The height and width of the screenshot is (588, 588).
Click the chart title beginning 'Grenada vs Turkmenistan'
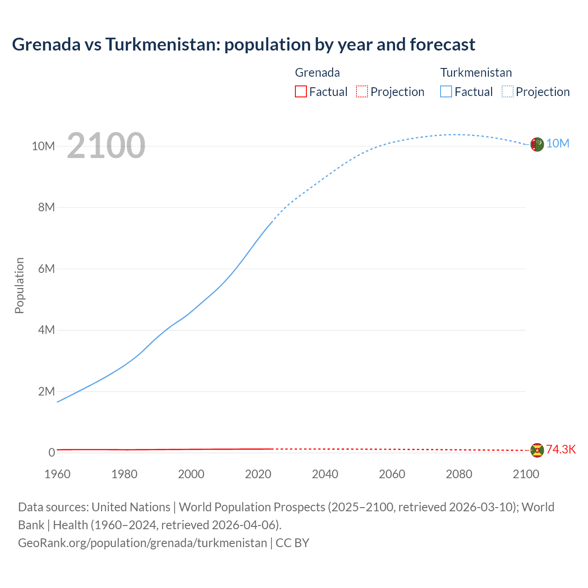pyautogui.click(x=243, y=45)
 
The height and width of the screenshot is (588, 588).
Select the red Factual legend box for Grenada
pyautogui.click(x=300, y=91)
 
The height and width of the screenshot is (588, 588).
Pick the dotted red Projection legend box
pyautogui.click(x=362, y=91)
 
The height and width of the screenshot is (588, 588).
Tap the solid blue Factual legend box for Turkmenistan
pyautogui.click(x=446, y=91)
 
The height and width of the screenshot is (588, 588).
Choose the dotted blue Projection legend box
pyautogui.click(x=508, y=91)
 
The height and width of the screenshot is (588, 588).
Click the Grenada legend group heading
pyautogui.click(x=317, y=73)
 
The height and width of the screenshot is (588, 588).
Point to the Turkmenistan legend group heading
pyautogui.click(x=476, y=73)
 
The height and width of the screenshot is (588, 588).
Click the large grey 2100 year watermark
pyautogui.click(x=106, y=146)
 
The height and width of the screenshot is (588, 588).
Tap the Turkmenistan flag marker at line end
pyautogui.click(x=537, y=144)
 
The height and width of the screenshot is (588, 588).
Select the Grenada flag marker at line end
pyautogui.click(x=537, y=450)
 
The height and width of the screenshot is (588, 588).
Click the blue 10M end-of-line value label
pyautogui.click(x=558, y=144)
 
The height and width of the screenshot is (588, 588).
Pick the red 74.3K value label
pyautogui.click(x=560, y=449)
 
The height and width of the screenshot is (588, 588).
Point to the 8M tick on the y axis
pyautogui.click(x=46, y=207)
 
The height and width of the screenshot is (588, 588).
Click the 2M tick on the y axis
pyautogui.click(x=46, y=391)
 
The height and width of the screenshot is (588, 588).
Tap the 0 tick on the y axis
pyautogui.click(x=52, y=452)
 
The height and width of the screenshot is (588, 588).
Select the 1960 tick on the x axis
pyautogui.click(x=57, y=474)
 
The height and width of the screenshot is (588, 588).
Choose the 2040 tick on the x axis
pyautogui.click(x=325, y=474)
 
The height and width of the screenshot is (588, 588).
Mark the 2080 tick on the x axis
pyautogui.click(x=459, y=474)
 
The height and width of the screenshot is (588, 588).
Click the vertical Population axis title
pyautogui.click(x=19, y=285)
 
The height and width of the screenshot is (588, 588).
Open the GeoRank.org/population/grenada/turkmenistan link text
pyautogui.click(x=142, y=543)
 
